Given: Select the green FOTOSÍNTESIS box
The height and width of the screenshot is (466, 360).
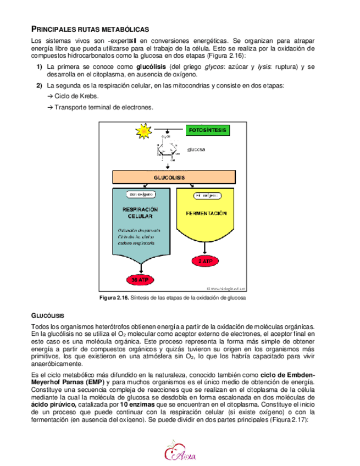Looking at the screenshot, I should pyautogui.click(x=207, y=131).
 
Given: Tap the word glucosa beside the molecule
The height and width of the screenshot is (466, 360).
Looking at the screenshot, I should pyautogui.click(x=196, y=149).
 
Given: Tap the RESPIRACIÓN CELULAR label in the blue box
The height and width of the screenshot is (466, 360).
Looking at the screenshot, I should pyautogui.click(x=140, y=213).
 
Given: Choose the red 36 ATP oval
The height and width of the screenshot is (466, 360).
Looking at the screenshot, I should pyautogui.click(x=141, y=280).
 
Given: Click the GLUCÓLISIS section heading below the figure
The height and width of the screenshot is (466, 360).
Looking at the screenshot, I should pyautogui.click(x=48, y=315).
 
